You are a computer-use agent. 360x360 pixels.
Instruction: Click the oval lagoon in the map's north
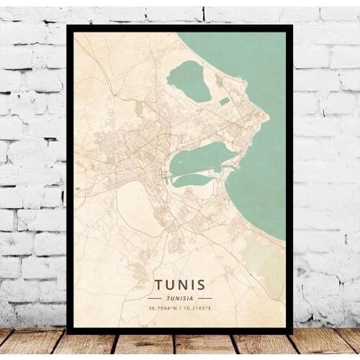188,80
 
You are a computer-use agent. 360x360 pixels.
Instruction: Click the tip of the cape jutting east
268,118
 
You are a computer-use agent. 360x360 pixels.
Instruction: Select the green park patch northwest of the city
138,109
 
